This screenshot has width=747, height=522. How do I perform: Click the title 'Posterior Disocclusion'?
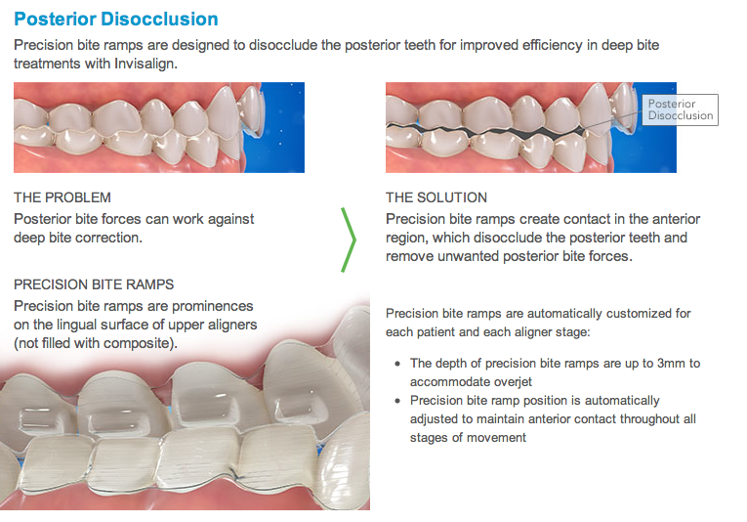[x=116, y=20]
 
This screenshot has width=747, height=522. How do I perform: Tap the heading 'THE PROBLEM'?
[x=62, y=197]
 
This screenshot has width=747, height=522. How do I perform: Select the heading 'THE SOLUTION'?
[x=436, y=197]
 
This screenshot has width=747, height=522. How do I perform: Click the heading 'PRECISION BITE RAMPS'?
[x=94, y=284]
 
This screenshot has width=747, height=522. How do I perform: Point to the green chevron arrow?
[x=349, y=239]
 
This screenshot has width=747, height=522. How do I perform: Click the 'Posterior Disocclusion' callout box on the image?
[x=681, y=109]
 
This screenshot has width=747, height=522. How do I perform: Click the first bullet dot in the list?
[x=398, y=364]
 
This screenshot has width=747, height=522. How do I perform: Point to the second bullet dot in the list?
[x=398, y=401]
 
